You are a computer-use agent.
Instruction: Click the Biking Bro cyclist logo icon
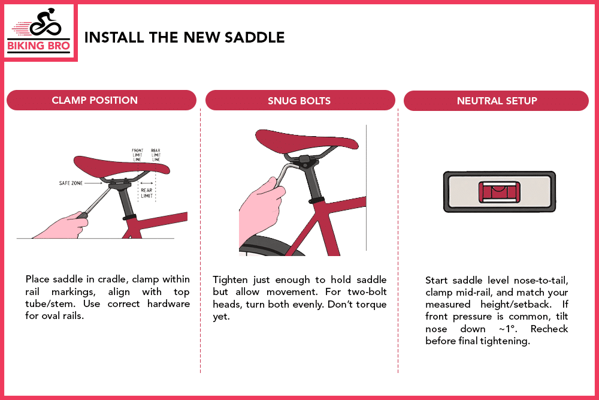pos(40,24)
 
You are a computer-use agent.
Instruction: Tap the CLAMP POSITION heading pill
pos(101,100)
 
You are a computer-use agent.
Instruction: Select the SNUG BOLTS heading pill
pos(299,100)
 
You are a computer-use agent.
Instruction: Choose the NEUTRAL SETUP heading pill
pos(497,101)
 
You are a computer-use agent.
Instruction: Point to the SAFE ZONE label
pos(71,183)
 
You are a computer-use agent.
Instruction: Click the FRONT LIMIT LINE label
pos(138,155)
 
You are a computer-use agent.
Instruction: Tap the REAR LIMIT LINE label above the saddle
pos(156,155)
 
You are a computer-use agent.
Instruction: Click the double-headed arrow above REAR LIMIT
pos(147,183)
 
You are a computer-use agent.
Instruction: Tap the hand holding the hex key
pos(261,207)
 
